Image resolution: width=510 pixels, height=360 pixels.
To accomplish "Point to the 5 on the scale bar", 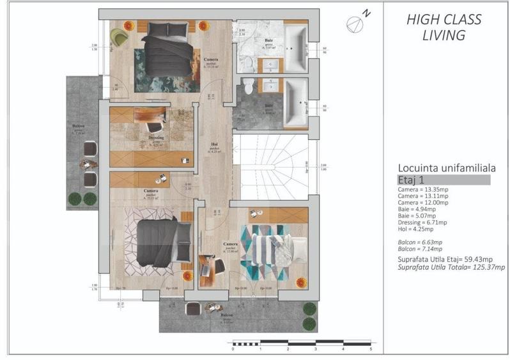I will [x=371, y=349].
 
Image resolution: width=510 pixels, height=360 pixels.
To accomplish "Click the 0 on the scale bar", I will [x=233, y=349].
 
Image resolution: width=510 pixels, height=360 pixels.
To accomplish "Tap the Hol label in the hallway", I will [x=214, y=145].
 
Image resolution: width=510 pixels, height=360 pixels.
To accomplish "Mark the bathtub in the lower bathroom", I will [x=295, y=102].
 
